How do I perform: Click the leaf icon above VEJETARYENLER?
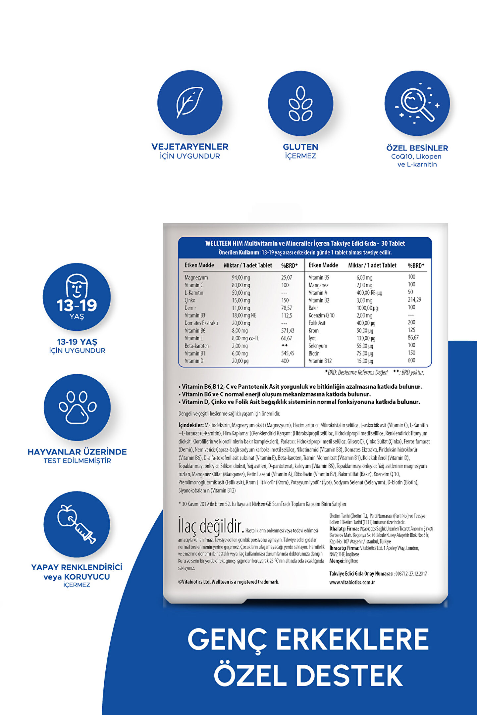tap(189, 103)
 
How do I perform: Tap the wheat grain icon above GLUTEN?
tap(300, 104)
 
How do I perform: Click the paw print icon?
tap(78, 407)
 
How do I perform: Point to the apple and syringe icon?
tap(77, 524)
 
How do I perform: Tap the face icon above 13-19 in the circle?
tap(77, 286)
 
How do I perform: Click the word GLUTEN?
tap(300, 147)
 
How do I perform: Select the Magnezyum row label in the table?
tap(196, 277)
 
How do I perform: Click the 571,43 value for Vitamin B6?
tap(288, 331)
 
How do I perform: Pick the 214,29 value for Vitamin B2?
tap(414, 300)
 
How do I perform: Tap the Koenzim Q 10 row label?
tap(321, 315)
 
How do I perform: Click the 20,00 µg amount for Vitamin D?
tap(240, 361)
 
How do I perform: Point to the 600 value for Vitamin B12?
tap(411, 360)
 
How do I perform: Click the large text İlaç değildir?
tap(211, 526)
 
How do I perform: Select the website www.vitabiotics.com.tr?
tap(352, 583)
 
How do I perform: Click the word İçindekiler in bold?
tap(191, 425)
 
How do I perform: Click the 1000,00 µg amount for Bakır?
tap(367, 308)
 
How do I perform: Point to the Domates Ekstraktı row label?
tap(201, 323)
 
